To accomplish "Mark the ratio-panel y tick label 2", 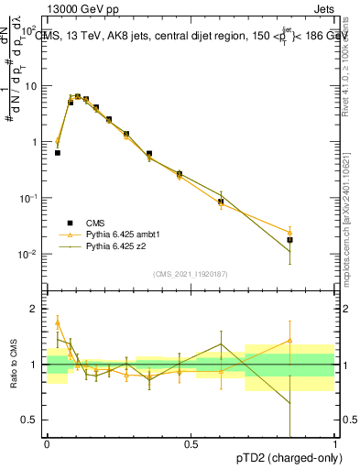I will (37, 309).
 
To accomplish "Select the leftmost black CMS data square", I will (58, 153).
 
